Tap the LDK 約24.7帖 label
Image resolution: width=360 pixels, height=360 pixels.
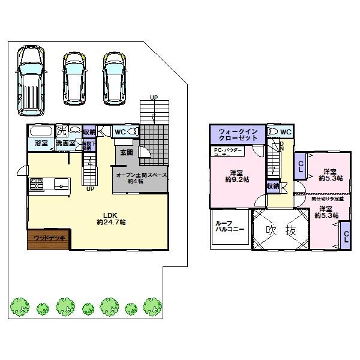coord(113,218)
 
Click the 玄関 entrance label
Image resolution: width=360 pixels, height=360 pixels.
coord(126,152)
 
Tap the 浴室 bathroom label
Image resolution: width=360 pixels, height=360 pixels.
coord(41,144)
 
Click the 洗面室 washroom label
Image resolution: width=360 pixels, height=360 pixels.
coord(65,144)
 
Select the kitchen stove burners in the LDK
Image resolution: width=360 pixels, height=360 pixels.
coord(35,183)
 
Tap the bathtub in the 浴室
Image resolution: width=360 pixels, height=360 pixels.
coord(41,131)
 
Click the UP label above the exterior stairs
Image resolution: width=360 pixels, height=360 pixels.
coord(154,98)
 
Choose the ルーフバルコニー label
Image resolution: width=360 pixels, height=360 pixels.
coord(228,226)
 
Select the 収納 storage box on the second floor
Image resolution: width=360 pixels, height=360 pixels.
coord(272,186)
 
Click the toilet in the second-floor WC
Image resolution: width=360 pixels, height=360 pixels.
coord(273,132)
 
